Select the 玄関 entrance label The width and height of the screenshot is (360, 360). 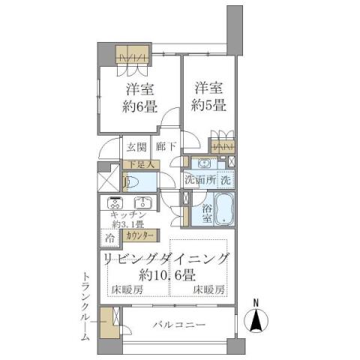[136, 146]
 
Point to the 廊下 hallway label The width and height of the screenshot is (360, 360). [165, 146]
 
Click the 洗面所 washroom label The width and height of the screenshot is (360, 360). [200, 181]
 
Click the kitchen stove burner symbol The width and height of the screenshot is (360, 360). [115, 202]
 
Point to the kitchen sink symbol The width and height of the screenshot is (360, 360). [142, 202]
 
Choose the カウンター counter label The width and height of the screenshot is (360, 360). [138, 235]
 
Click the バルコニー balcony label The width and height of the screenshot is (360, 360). [180, 324]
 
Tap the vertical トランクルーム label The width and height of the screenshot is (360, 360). [86, 307]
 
